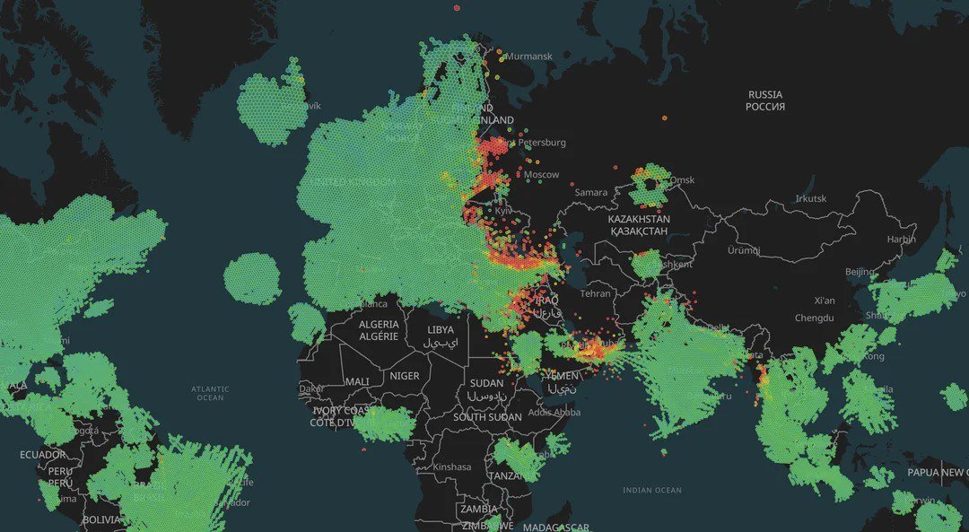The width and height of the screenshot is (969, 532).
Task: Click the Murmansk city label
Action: click(529, 57)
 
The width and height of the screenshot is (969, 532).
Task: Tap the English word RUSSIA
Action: click(765, 94)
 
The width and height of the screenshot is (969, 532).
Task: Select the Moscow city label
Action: click(541, 175)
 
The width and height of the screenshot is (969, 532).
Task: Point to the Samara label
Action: click(591, 193)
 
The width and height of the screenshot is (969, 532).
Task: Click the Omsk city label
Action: click(682, 180)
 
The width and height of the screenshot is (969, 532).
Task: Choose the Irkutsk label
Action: click(810, 199)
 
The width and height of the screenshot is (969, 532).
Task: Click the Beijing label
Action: click(860, 272)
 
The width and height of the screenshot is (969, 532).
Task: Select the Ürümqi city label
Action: click(743, 250)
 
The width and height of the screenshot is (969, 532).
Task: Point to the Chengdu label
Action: click(814, 318)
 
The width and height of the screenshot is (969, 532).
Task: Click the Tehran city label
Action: click(595, 293)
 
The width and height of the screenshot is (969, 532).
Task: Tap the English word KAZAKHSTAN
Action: click(639, 219)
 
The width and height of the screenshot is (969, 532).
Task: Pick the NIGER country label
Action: click(405, 376)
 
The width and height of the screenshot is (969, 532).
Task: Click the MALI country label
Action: click(357, 381)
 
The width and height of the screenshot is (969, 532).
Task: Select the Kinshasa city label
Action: click(452, 467)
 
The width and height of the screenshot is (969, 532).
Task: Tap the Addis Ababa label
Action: click(554, 413)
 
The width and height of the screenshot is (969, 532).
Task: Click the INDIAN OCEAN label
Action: click(652, 491)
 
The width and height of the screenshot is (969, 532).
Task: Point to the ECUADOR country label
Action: click(42, 455)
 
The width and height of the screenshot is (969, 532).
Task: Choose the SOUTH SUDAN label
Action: click(487, 417)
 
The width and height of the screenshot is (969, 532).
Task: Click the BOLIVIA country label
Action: click(100, 519)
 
